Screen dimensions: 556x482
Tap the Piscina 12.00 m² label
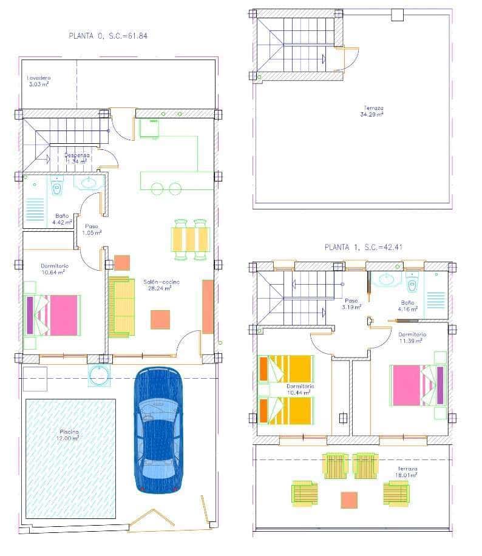68,435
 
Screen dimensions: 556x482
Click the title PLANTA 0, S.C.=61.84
109,36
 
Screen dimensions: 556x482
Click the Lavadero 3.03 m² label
38,81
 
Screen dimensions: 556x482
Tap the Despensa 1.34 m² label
77,158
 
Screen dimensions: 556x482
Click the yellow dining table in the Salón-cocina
190,239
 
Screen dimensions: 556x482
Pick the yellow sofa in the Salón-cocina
121,307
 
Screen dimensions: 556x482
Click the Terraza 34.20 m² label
372,111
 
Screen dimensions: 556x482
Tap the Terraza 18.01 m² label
408,472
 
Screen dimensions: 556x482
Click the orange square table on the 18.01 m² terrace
349,500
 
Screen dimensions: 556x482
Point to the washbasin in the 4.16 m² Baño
385,280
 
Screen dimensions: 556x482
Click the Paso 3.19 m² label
351,303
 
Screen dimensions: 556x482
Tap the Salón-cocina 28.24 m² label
157,285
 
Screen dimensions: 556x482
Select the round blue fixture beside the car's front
98,375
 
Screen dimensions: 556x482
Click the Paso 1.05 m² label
93,229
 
